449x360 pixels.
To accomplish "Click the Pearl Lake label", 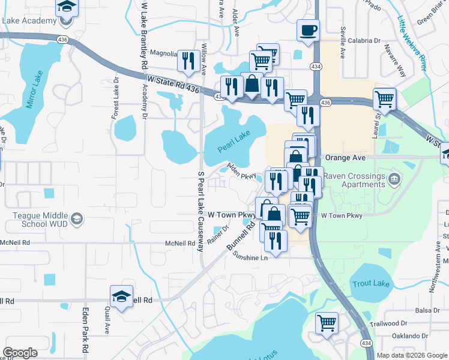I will click(234, 143).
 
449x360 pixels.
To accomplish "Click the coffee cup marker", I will click(308, 30).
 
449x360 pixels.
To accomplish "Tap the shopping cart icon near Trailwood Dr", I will click(327, 323).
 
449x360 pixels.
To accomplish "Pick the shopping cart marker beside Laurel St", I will click(385, 99).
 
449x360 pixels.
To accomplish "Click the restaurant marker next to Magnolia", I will click(189, 61).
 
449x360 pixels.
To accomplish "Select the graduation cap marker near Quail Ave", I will click(121, 296).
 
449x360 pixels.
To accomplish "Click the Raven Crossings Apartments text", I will click(354, 181).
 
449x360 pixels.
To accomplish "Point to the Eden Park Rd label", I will click(85, 330).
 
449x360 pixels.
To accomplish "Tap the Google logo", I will click(20, 353).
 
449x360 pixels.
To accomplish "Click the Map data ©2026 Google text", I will click(412, 355).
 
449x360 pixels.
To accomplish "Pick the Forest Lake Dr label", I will click(115, 98).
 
